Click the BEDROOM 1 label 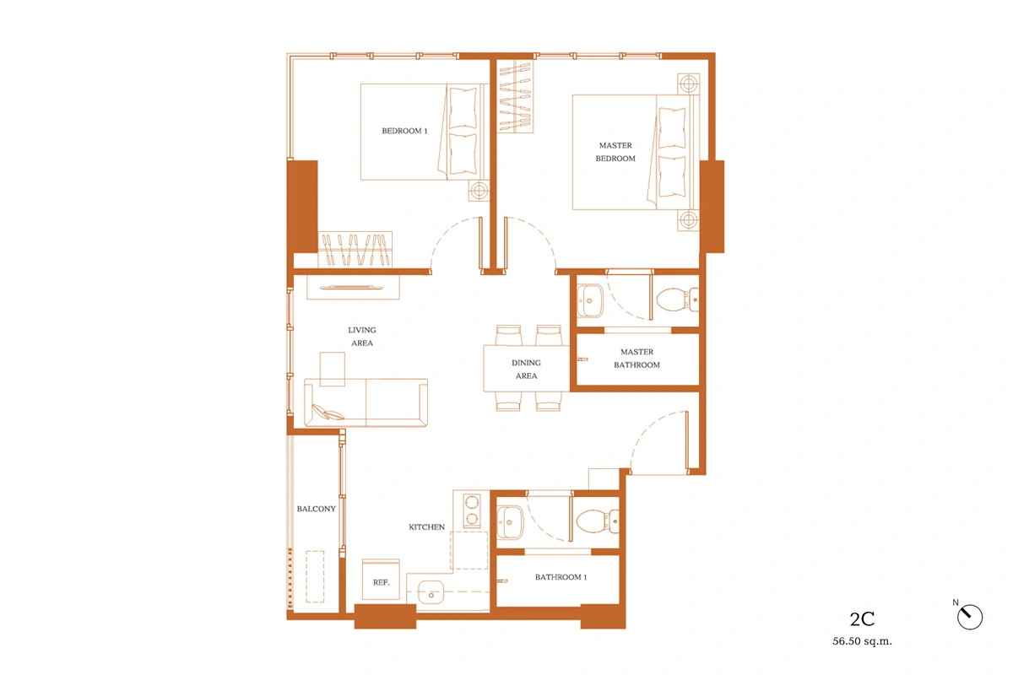[x=404, y=131]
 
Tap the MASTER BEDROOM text [x=615, y=152]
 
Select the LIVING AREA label [x=362, y=337]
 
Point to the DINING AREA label [x=526, y=369]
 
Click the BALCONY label [x=316, y=509]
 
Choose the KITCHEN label [x=426, y=526]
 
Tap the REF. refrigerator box [x=381, y=580]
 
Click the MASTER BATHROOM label [x=637, y=358]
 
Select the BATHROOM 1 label [x=561, y=577]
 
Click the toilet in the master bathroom [x=677, y=300]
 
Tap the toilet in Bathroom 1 [x=598, y=521]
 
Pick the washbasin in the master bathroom [x=590, y=300]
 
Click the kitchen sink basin [x=431, y=592]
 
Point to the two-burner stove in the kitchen [x=472, y=510]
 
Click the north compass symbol [x=970, y=617]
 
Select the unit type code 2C [x=862, y=619]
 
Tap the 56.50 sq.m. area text [x=862, y=641]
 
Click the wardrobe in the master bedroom [x=515, y=97]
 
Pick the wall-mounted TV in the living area [x=353, y=288]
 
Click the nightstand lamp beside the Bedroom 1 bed [x=479, y=191]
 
